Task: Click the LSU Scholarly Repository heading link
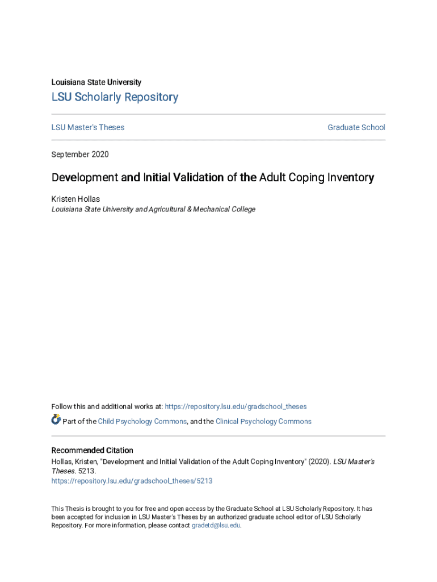click(115, 97)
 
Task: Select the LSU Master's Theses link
click(88, 127)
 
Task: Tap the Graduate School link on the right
click(356, 127)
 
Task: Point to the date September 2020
click(80, 155)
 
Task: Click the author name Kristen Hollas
click(75, 199)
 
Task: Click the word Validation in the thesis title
click(191, 178)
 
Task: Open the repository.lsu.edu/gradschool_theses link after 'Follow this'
click(236, 406)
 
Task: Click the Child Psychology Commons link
click(142, 421)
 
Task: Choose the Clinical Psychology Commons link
click(263, 421)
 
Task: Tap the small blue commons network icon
click(56, 420)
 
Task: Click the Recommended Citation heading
click(93, 451)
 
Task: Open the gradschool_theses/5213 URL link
click(132, 481)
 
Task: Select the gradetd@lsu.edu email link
click(216, 526)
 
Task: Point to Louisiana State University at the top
click(96, 82)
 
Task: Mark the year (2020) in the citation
click(318, 462)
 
